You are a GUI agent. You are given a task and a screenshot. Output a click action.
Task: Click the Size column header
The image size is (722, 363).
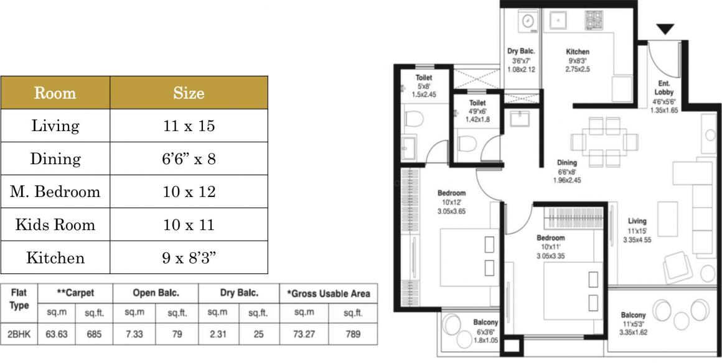(x=189, y=93)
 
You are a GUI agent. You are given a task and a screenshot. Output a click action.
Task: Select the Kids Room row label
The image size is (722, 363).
(x=55, y=224)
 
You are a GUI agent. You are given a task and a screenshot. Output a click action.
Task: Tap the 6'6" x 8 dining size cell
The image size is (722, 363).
(x=189, y=159)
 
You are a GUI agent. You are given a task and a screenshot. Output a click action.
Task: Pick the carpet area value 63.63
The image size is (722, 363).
(x=57, y=334)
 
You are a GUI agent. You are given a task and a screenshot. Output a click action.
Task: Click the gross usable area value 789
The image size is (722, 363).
(x=353, y=334)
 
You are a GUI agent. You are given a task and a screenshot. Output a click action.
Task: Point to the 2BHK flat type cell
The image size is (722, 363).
(x=19, y=334)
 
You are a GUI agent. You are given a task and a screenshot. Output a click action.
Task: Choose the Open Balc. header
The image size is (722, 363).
(x=156, y=293)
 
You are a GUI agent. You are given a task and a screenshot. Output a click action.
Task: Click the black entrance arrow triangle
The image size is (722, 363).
(x=665, y=29)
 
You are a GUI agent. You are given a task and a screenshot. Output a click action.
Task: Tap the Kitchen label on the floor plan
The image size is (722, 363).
(x=578, y=52)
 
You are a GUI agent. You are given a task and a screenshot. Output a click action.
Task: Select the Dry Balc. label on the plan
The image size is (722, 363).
(x=521, y=52)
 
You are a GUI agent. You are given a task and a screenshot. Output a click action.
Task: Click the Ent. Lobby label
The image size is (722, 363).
(x=663, y=88)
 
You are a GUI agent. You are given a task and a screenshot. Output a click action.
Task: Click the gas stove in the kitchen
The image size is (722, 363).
(x=594, y=21)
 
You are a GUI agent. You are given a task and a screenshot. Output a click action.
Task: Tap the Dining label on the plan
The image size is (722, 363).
(x=567, y=162)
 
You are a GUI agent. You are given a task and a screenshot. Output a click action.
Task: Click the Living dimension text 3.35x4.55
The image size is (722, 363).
(x=637, y=240)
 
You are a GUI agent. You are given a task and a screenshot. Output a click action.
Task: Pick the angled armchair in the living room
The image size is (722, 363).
(x=677, y=269)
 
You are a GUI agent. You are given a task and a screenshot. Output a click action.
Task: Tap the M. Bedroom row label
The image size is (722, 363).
(x=55, y=191)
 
